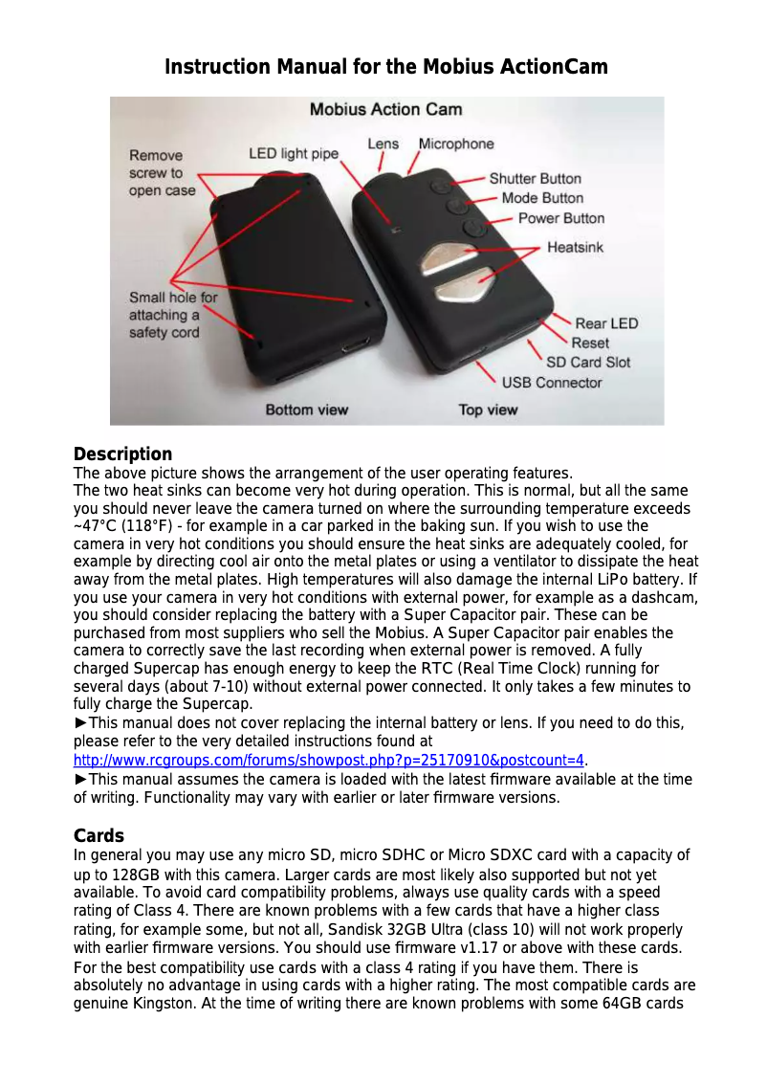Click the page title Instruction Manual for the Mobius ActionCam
point(385,67)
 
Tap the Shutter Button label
point(535,179)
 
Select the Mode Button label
point(542,198)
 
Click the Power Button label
point(560,218)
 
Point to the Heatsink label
point(575,248)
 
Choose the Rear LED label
point(606,323)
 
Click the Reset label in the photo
point(590,343)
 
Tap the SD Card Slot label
point(588,363)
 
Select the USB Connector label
point(552,383)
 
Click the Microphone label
point(456,144)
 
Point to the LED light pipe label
point(294,153)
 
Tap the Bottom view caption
point(306,410)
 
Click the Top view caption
point(488,410)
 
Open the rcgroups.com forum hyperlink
point(329,761)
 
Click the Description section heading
point(122,454)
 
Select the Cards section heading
point(99,836)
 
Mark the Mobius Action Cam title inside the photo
point(385,110)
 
